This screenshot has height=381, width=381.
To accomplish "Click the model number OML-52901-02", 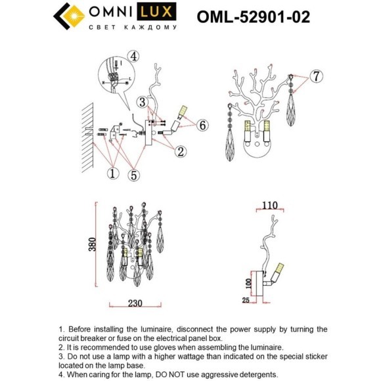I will point(254,16).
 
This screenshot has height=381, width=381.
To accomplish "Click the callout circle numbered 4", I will point(134,55).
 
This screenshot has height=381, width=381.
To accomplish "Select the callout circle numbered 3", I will point(141,102).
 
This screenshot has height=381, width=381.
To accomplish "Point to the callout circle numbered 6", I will point(202,125).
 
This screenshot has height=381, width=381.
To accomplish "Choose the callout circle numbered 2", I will point(179,152).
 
